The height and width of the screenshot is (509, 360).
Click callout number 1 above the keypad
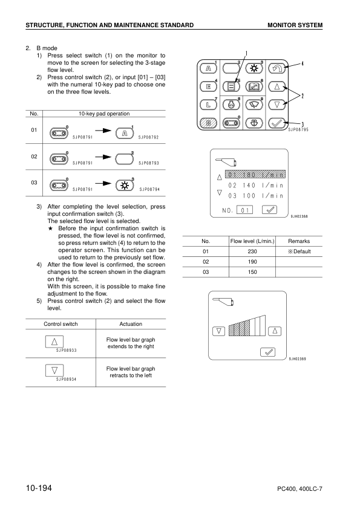[246, 53]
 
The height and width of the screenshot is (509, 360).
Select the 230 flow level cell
[253, 251]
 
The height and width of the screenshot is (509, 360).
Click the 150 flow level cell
[253, 272]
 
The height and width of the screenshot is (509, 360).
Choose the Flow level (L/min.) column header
[253, 241]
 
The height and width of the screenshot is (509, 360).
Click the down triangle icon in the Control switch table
[55, 369]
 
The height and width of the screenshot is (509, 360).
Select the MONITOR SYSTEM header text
[295, 25]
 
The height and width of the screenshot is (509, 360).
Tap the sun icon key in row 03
[124, 184]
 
